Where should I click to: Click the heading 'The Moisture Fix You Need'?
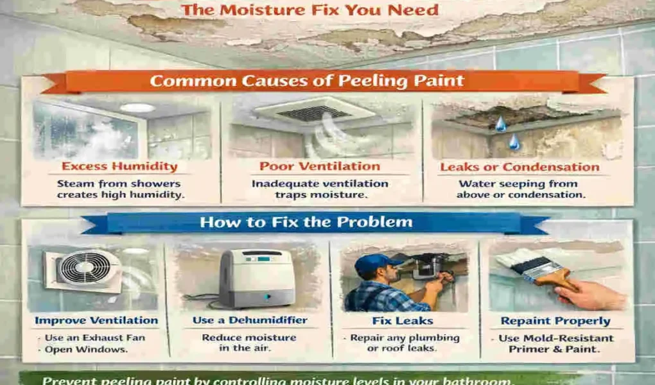tap(310, 10)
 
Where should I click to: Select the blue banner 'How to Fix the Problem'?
tap(306, 223)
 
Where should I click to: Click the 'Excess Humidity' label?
tap(119, 167)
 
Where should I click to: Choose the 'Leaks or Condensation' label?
tap(520, 167)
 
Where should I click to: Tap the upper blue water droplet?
tap(500, 123)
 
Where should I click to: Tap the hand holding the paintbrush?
tap(588, 294)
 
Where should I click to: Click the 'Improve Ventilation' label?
tap(96, 320)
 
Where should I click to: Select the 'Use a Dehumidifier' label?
tap(250, 320)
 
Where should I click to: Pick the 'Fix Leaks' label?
tap(404, 320)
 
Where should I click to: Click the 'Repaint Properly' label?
tap(556, 320)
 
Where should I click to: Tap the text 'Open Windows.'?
tap(85, 350)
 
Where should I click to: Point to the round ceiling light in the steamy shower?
tap(137, 108)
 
